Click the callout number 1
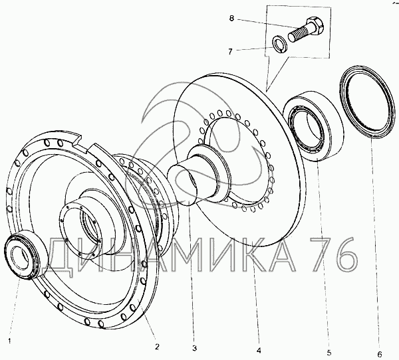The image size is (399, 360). pyautogui.click(x=9, y=341)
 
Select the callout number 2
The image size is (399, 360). pyautogui.click(x=157, y=346)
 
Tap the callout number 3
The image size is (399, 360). pyautogui.click(x=195, y=348)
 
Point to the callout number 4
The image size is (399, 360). pyautogui.click(x=259, y=351)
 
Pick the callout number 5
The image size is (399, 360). pyautogui.click(x=329, y=353)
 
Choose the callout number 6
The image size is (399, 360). pyautogui.click(x=380, y=354)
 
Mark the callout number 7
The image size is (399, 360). pyautogui.click(x=230, y=52)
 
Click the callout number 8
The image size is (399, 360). pyautogui.click(x=231, y=19)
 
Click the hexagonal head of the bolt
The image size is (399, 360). pyautogui.click(x=315, y=25)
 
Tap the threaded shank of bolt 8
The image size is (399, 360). pyautogui.click(x=299, y=35)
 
